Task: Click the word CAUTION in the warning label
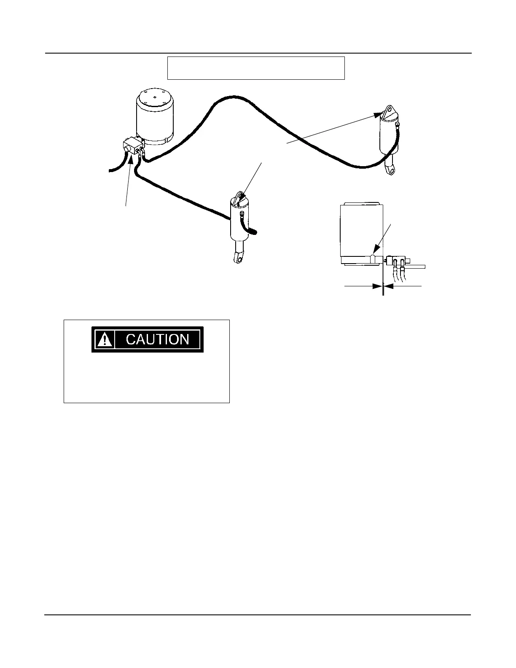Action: tap(157, 339)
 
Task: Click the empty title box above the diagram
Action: tap(256, 68)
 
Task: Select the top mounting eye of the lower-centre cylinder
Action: tap(239, 196)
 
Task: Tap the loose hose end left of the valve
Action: tap(111, 170)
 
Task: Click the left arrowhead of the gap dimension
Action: tap(377, 286)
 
